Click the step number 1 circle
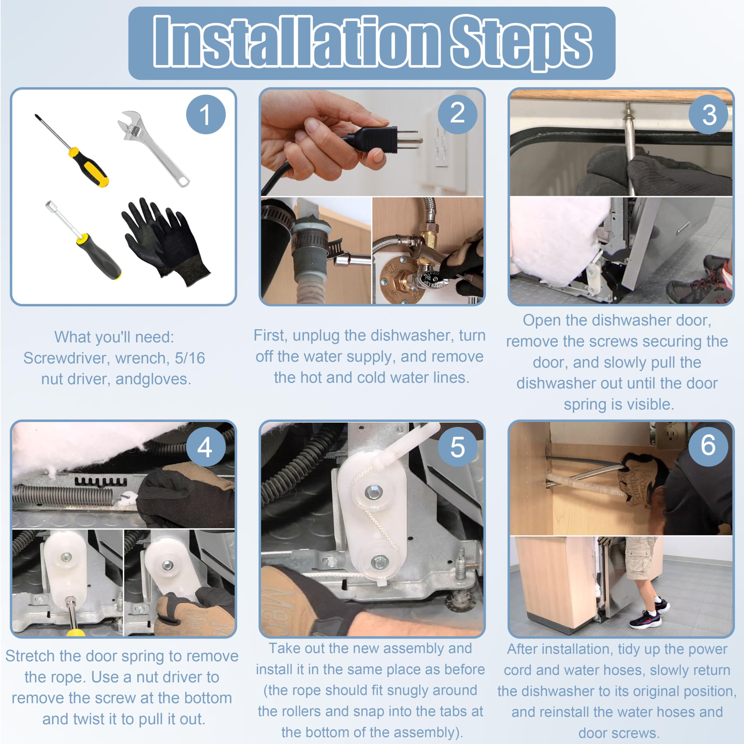point(206,115)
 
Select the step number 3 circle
point(709,115)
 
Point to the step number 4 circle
point(206,447)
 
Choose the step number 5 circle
point(457,447)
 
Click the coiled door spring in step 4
point(64,496)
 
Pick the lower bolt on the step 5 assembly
point(379,563)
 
